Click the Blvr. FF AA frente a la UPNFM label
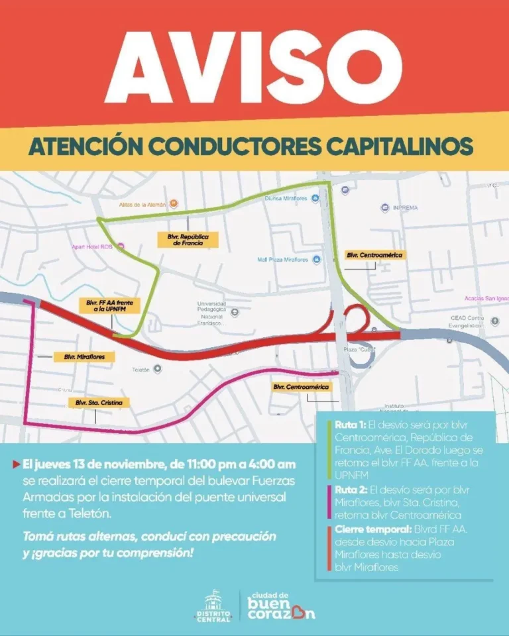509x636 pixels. pyautogui.click(x=109, y=305)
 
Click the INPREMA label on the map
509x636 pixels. pyautogui.click(x=404, y=207)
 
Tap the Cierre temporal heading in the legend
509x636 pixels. pyautogui.click(x=364, y=530)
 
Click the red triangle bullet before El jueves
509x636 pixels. pyautogui.click(x=16, y=464)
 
